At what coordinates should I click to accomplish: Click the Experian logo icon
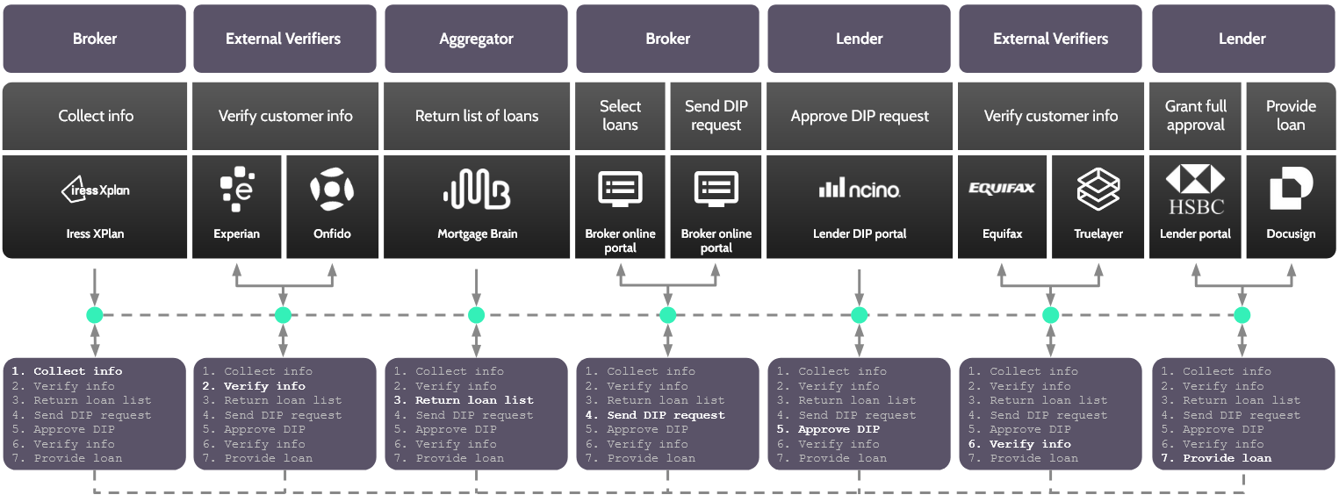pyautogui.click(x=237, y=190)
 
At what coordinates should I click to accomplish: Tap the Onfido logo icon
pyautogui.click(x=332, y=190)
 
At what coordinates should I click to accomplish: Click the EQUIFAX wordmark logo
pyautogui.click(x=1002, y=188)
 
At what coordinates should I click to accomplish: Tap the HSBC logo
pyautogui.click(x=1195, y=190)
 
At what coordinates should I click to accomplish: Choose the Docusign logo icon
pyautogui.click(x=1291, y=190)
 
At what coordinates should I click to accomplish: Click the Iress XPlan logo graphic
pyautogui.click(x=96, y=189)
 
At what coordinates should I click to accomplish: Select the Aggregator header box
pyautogui.click(x=477, y=39)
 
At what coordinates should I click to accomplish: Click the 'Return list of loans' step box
pyautogui.click(x=477, y=116)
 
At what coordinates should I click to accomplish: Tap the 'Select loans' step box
pyautogui.click(x=620, y=116)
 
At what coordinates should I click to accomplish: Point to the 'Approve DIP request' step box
pyautogui.click(x=860, y=116)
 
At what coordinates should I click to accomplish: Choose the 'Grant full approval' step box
pyautogui.click(x=1195, y=116)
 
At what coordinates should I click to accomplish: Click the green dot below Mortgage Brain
pyautogui.click(x=477, y=315)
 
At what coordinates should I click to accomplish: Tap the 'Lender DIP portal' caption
pyautogui.click(x=860, y=234)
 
